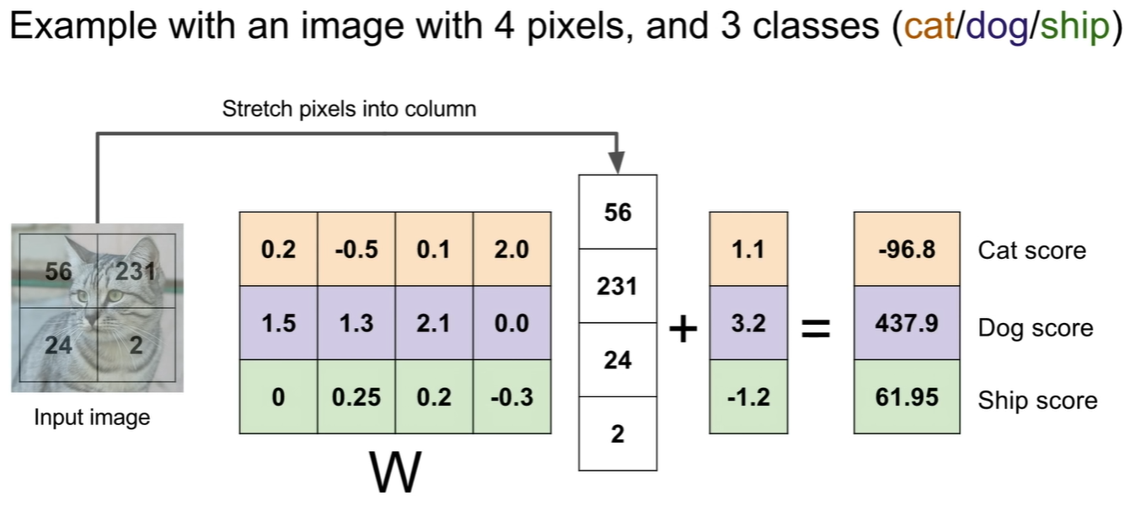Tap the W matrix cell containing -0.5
pos(356,250)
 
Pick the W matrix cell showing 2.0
pos(512,250)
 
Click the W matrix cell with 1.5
pos(279,324)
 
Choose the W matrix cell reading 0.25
pos(356,397)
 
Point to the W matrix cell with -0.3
pos(512,397)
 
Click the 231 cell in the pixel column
pos(618,286)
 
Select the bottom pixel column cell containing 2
pos(618,433)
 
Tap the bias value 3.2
pos(748,324)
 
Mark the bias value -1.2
pos(748,397)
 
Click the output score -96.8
pos(907,250)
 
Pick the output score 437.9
pos(907,324)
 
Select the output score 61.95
pos(907,397)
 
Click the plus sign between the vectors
pos(683,330)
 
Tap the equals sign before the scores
pos(815,330)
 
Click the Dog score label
pos(1035,328)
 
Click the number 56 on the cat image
pos(58,272)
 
